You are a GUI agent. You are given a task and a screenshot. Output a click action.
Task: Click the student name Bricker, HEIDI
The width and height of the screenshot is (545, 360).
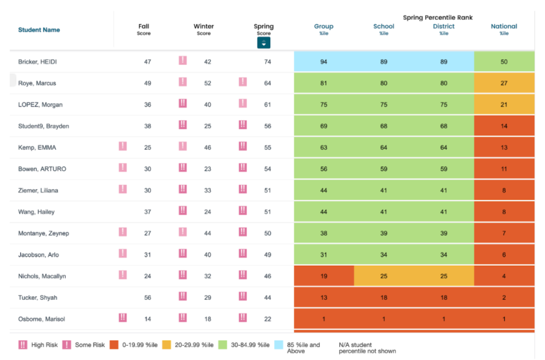37,62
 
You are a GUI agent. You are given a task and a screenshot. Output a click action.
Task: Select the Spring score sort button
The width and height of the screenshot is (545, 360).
263,43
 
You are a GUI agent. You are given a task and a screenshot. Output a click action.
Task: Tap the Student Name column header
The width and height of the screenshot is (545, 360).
39,30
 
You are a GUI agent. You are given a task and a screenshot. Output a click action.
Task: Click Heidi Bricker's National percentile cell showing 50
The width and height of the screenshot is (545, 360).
503,62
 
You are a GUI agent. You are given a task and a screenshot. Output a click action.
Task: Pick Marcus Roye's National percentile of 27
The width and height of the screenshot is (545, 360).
503,83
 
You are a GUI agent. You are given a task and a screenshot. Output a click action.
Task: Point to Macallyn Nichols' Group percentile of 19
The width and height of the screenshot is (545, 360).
324,276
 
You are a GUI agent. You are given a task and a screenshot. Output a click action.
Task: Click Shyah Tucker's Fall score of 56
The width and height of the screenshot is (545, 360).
147,298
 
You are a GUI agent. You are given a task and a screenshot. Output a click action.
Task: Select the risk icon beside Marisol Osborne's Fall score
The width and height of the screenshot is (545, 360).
122,318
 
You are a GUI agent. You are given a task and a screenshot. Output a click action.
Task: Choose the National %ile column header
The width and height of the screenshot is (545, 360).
503,29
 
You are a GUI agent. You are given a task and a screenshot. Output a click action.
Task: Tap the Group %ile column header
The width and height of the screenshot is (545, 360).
324,29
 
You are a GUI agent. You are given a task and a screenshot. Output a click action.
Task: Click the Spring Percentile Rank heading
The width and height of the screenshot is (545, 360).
437,18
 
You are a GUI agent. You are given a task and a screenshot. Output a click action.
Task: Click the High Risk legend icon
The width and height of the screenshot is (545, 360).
23,345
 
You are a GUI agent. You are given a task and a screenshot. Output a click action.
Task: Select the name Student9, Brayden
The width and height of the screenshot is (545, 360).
44,126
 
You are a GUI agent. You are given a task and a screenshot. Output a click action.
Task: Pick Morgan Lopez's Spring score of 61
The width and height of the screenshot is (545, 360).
267,105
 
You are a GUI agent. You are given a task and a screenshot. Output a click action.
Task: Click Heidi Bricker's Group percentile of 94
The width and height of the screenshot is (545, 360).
324,62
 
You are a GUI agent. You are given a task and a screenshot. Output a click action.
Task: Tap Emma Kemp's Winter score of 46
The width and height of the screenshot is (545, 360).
208,148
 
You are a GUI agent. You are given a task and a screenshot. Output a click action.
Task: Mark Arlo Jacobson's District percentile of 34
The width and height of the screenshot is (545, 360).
444,255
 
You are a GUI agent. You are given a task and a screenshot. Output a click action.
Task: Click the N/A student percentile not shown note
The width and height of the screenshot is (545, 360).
367,348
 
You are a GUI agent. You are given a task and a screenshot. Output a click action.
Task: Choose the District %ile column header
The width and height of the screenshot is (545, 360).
444,29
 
